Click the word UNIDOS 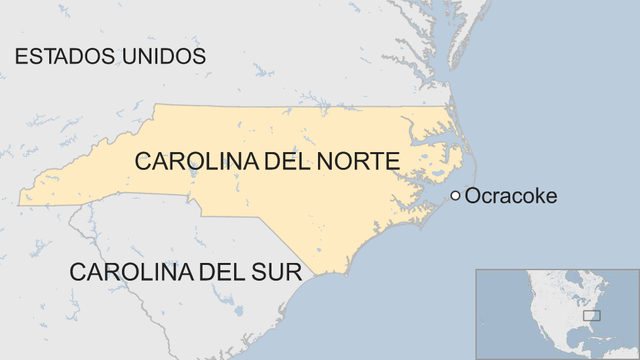161,56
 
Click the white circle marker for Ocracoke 456,196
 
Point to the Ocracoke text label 511,196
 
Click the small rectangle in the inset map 591,315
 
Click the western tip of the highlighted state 20,203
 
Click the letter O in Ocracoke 473,196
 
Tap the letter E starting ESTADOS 21,56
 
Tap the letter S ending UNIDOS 199,56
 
